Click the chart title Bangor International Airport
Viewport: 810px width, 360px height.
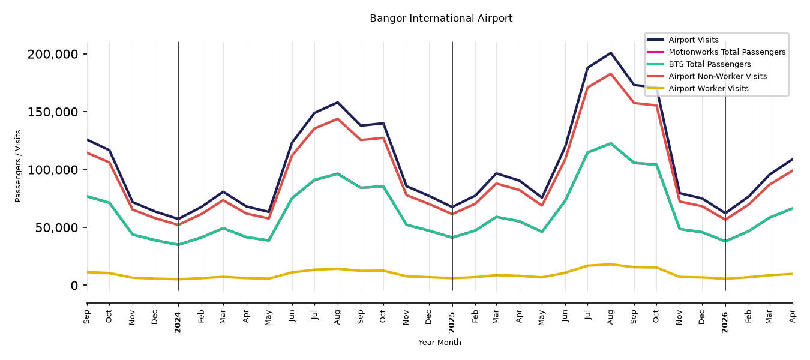tap(441, 19)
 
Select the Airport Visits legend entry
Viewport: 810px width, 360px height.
tap(693, 40)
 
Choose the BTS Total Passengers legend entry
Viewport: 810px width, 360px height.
tap(709, 64)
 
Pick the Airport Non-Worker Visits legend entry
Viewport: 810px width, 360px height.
tap(718, 76)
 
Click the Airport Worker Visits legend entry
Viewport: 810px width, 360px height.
tap(709, 89)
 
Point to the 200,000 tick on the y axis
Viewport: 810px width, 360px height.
tap(53, 54)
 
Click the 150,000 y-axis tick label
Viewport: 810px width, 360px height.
tap(53, 112)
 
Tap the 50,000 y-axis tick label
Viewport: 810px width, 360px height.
tap(56, 228)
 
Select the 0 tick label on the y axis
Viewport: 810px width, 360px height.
tap(74, 286)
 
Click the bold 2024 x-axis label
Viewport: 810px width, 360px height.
tap(178, 322)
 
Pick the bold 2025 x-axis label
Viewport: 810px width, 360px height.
tap(452, 322)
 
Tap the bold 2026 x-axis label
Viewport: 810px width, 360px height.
tap(725, 322)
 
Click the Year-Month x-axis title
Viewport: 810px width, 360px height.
tap(440, 343)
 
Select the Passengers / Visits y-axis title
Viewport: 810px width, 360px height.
tap(18, 166)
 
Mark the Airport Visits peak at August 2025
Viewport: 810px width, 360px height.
tap(611, 53)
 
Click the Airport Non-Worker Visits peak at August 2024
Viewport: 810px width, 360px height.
tap(338, 119)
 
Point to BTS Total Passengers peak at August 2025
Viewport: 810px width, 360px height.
tap(611, 143)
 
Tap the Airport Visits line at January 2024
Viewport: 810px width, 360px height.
tap(178, 219)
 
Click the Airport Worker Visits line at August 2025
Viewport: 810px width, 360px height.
tap(611, 264)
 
